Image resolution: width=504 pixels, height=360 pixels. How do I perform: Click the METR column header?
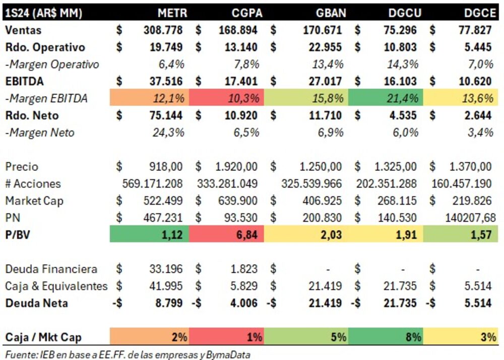coord(172,13)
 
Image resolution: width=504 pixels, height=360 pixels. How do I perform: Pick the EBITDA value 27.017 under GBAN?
coord(324,81)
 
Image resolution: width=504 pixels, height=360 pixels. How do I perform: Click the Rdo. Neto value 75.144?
coord(163,115)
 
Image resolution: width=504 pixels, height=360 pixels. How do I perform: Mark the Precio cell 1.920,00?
coord(237,167)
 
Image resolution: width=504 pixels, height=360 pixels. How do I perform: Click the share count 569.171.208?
coord(152,184)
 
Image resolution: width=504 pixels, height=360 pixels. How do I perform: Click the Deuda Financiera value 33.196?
coord(166,269)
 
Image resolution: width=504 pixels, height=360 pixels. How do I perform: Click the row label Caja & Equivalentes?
coord(56,286)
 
